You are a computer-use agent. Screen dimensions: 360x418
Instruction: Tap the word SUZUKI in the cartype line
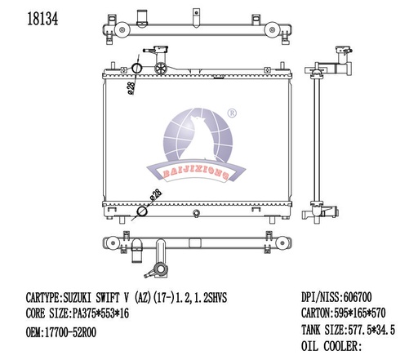(x=84, y=300)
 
